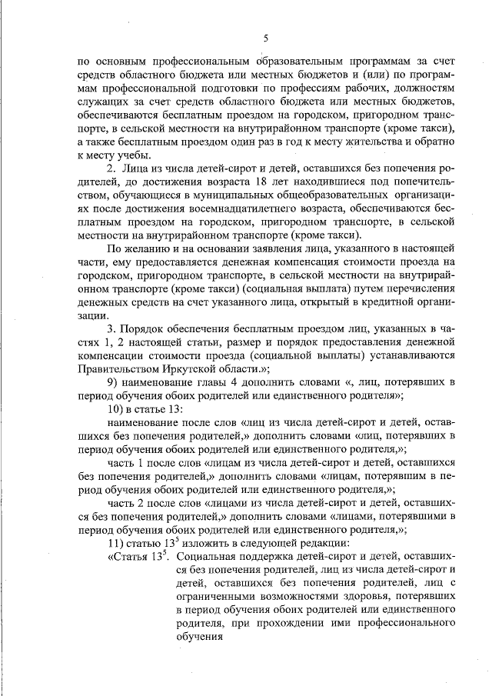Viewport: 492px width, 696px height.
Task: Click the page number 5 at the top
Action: (x=265, y=38)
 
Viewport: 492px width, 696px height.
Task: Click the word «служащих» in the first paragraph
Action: (x=104, y=104)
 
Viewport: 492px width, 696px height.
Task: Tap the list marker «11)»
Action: (x=115, y=543)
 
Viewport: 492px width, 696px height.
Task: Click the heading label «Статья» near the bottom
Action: (x=130, y=556)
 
